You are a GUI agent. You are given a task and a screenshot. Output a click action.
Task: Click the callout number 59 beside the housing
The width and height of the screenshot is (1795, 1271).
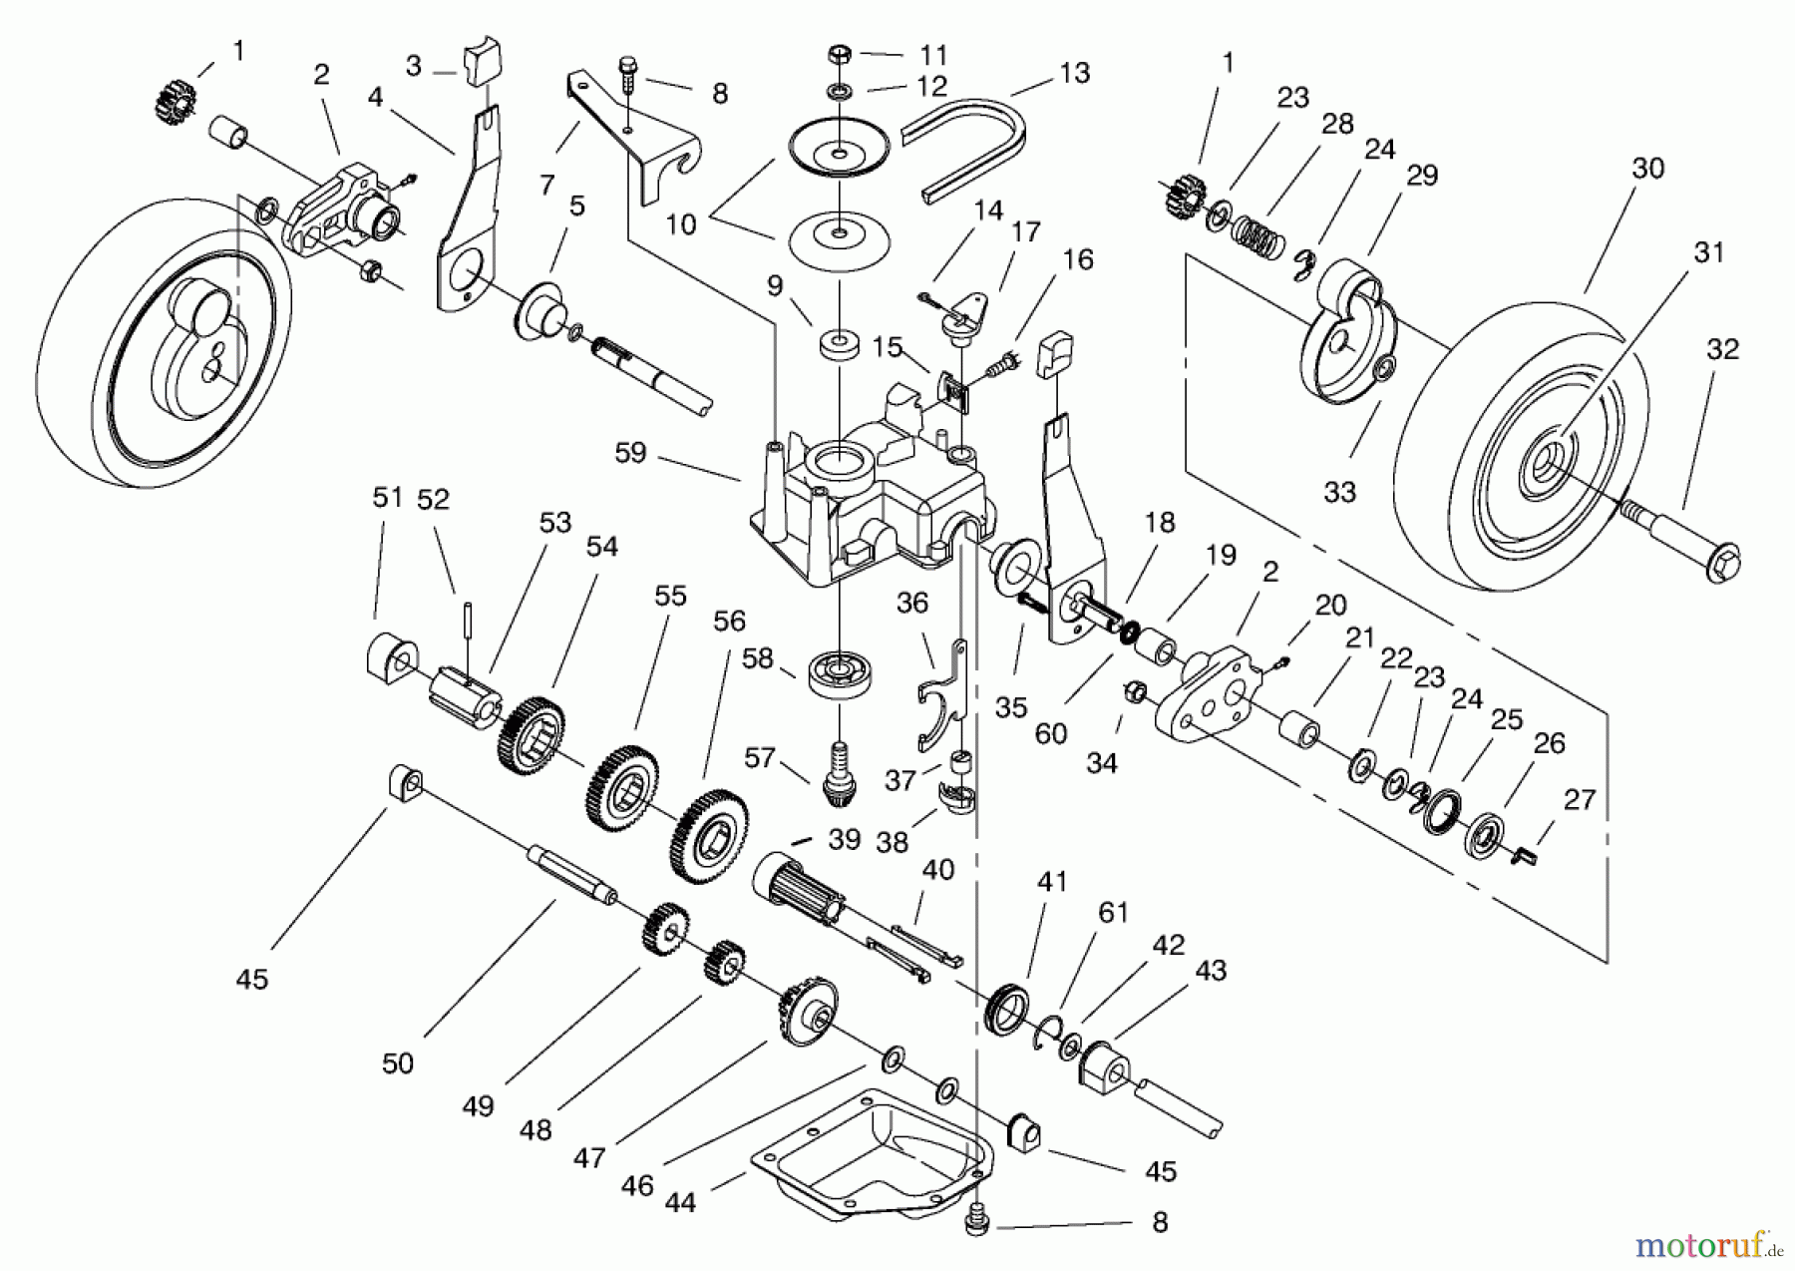point(630,453)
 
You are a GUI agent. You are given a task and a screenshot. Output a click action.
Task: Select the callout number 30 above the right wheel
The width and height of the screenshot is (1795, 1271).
point(1647,169)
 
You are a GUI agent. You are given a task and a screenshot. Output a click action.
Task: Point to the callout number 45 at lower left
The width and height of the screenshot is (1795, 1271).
point(252,980)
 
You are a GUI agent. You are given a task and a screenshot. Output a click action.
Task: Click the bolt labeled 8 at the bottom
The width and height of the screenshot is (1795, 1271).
point(977,1223)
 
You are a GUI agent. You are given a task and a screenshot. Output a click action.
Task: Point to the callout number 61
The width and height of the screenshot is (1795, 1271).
point(1113,913)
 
